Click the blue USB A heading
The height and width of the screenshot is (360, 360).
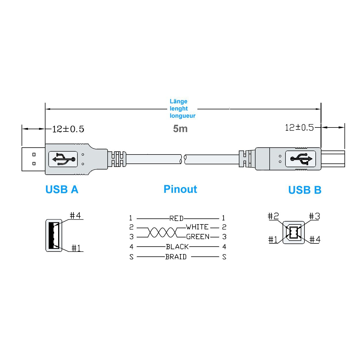click(62, 189)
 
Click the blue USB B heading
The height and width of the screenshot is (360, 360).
click(305, 190)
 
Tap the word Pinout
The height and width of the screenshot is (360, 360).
click(180, 189)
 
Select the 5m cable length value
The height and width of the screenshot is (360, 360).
click(180, 129)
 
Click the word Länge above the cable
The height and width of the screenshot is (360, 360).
click(178, 101)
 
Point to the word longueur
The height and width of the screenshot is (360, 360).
click(182, 116)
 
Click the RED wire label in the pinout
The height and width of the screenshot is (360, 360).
click(176, 218)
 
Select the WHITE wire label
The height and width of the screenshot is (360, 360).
click(197, 227)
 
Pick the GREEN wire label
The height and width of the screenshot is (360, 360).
click(198, 237)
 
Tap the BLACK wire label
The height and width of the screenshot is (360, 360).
click(177, 247)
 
